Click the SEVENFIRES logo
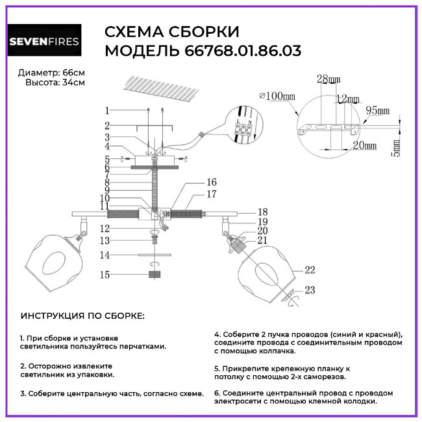44,42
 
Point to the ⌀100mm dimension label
277,96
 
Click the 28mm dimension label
329,80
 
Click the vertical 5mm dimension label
397,146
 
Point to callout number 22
309,270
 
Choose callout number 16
211,182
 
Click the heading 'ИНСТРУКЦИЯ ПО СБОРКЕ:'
83,316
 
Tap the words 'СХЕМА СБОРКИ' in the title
171,32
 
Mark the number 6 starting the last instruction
217,393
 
